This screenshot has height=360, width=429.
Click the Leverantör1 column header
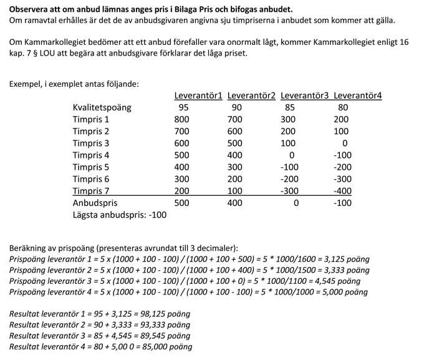click(x=198, y=95)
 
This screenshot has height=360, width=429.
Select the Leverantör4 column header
click(x=357, y=95)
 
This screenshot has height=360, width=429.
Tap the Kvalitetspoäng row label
click(x=102, y=107)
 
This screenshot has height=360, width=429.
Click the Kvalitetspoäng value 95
click(x=183, y=107)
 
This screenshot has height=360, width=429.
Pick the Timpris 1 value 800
click(x=181, y=119)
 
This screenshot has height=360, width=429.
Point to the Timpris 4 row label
click(x=91, y=155)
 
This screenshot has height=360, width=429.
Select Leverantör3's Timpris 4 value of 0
click(x=291, y=155)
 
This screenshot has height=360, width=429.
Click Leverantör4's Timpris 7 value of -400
click(x=344, y=190)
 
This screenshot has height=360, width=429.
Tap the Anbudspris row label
click(x=95, y=203)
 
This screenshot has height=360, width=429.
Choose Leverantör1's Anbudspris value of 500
click(x=181, y=203)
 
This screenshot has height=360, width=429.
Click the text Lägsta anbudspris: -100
click(x=120, y=215)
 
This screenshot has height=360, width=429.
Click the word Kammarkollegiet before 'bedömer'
click(x=52, y=41)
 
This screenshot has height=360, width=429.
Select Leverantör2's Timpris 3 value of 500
click(x=235, y=143)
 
